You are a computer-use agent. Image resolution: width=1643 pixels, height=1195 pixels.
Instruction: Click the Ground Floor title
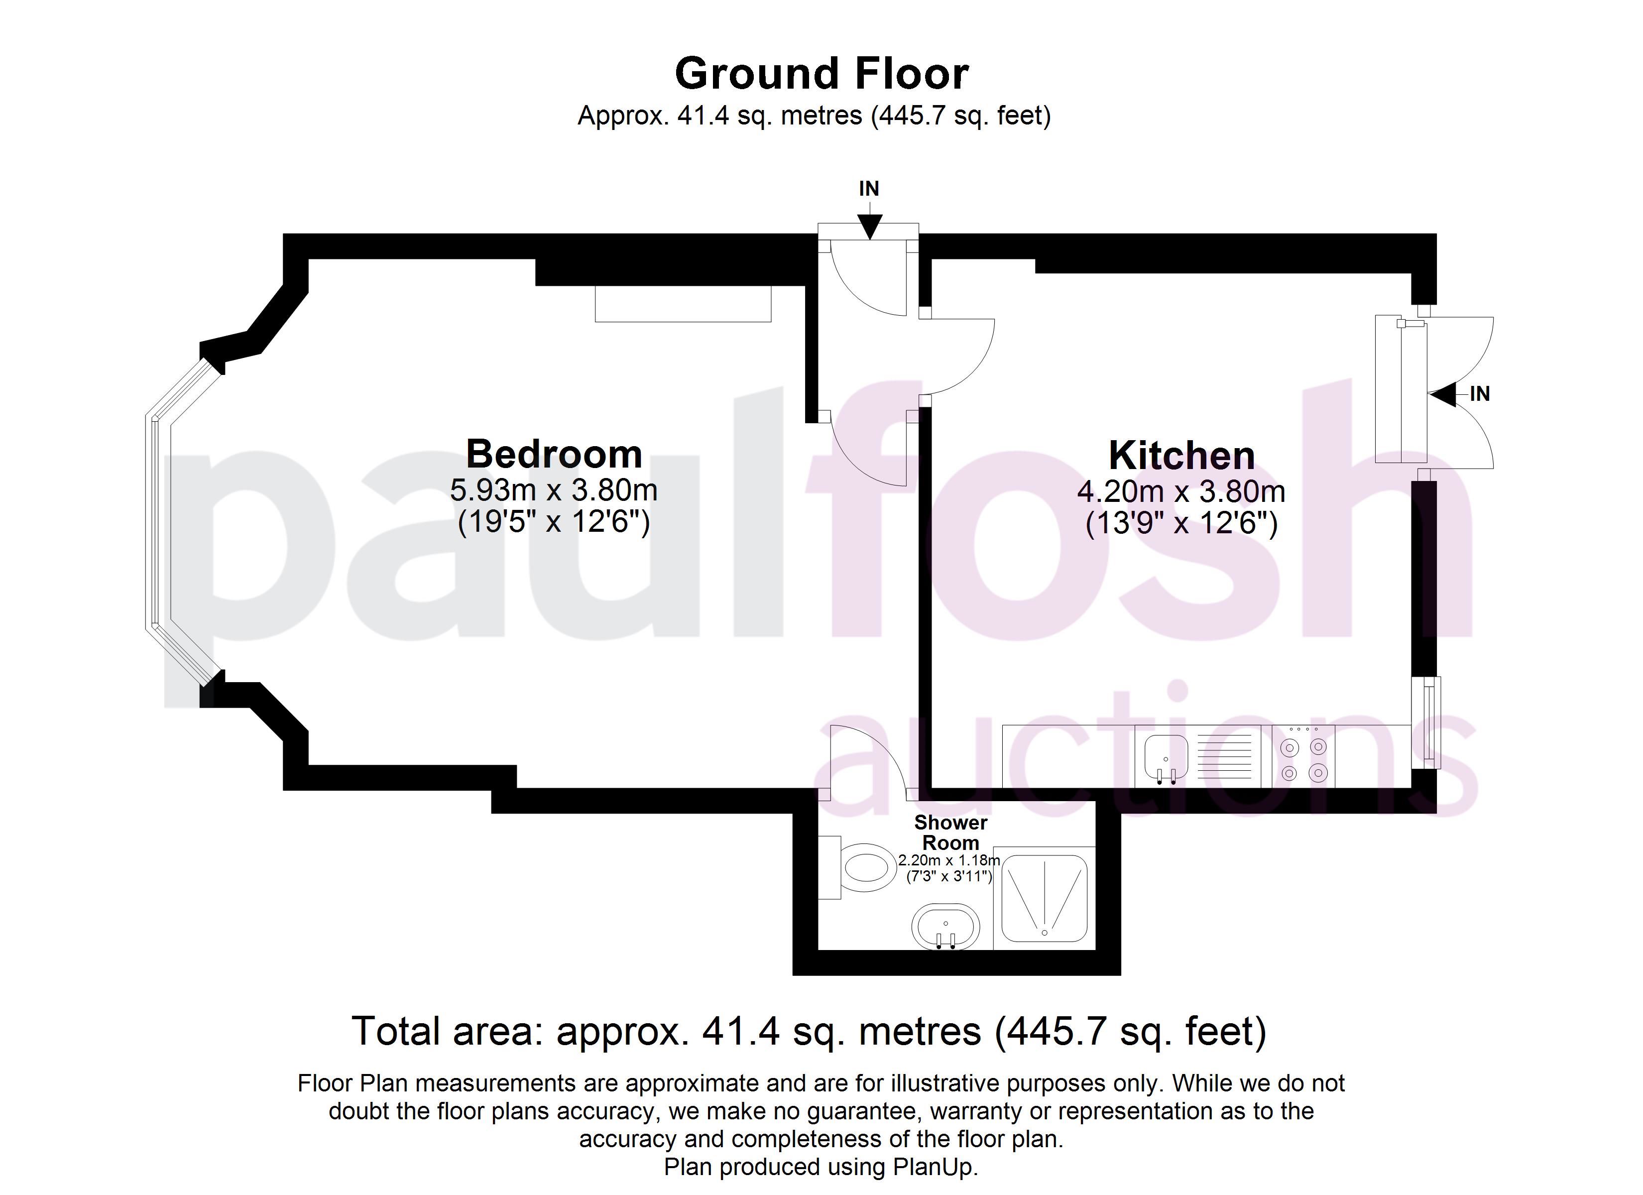821,73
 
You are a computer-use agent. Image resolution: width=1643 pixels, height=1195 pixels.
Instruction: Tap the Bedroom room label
554,455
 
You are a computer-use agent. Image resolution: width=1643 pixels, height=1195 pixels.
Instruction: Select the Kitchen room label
1181,456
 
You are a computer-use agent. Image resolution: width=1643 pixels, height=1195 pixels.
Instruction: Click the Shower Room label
950,833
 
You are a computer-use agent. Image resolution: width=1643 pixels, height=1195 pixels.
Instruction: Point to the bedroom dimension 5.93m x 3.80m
554,490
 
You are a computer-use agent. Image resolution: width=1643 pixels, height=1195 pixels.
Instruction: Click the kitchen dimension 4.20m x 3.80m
1181,492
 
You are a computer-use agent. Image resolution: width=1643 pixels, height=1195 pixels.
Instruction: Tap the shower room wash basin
945,926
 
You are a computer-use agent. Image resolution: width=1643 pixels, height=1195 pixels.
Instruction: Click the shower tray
1044,898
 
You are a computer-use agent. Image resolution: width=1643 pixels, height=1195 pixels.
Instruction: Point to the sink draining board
1224,756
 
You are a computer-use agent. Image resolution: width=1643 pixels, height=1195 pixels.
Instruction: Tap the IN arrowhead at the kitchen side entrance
1442,395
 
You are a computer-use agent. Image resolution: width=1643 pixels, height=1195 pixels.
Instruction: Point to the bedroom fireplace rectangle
683,304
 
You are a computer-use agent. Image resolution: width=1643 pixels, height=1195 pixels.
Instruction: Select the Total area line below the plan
809,1032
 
